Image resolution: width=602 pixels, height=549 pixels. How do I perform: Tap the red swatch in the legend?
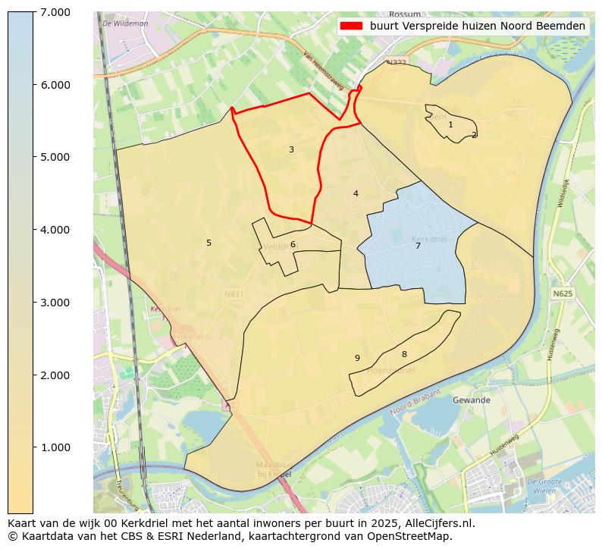352,26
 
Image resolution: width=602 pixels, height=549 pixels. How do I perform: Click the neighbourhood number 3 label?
291,150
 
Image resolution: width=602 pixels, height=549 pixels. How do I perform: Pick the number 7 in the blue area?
417,246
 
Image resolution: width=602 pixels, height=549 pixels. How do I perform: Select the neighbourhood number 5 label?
209,243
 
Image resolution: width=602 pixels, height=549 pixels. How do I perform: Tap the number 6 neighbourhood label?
293,244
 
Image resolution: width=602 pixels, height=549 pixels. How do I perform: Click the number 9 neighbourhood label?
357,358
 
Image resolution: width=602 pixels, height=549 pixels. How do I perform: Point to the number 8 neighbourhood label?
404,354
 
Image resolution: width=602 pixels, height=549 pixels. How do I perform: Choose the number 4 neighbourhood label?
356,194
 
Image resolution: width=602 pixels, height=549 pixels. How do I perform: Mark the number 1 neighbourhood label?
450,125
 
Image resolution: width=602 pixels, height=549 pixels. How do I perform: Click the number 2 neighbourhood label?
474,135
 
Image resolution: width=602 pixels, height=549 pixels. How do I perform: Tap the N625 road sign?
563,293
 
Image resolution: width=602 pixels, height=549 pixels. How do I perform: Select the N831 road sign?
234,293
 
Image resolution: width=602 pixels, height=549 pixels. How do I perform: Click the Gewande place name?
471,400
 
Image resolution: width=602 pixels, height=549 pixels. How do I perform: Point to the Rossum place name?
404,14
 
